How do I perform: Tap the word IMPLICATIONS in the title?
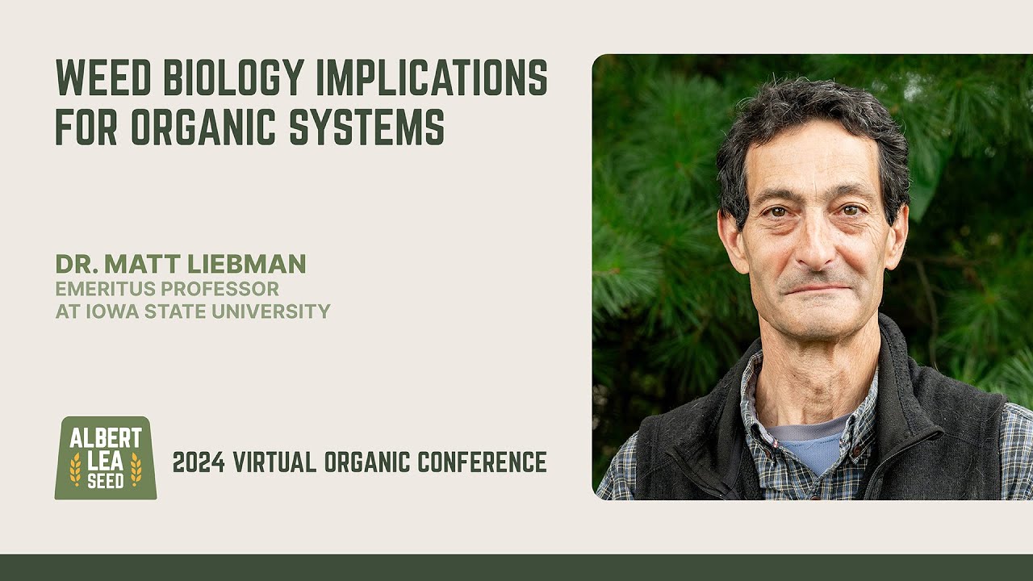432,77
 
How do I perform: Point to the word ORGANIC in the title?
206,127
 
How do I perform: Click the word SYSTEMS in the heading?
367,127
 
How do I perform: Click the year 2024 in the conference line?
199,462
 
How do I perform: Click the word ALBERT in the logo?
106,440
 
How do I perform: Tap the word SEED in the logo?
106,481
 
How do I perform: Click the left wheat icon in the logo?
75,470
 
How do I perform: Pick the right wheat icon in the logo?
136,470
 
